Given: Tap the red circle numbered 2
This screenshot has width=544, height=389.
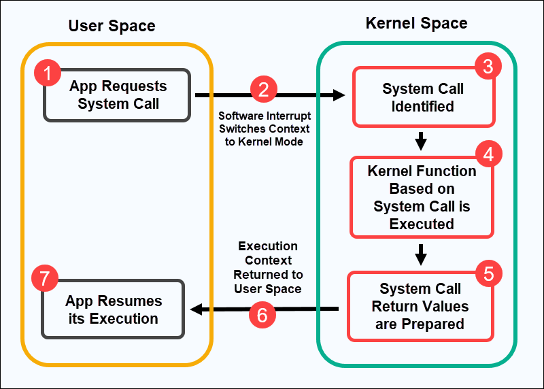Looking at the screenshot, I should coord(264,90).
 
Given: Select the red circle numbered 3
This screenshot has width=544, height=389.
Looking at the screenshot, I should coord(488,66).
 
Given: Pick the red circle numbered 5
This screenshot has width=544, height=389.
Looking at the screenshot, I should coord(488,273).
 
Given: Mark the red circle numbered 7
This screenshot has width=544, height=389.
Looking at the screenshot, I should coord(46,279).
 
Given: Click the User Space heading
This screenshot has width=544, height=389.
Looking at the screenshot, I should coord(112,27).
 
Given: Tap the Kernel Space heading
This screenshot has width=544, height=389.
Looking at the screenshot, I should coord(416,23).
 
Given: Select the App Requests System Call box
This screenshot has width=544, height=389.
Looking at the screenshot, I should coord(117,95).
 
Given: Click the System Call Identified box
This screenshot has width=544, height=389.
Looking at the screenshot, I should coord(422,97).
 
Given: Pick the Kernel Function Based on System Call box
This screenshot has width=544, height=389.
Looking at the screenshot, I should coord(421,197).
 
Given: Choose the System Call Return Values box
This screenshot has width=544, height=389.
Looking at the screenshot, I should coord(420,306).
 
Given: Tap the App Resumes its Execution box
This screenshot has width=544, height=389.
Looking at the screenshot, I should coord(113,309).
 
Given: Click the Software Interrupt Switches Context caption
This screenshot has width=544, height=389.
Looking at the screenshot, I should coord(264,129).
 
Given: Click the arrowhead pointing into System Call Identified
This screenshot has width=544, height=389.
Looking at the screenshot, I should coord(339,96).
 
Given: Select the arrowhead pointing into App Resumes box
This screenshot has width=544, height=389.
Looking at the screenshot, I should coord(197,309).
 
